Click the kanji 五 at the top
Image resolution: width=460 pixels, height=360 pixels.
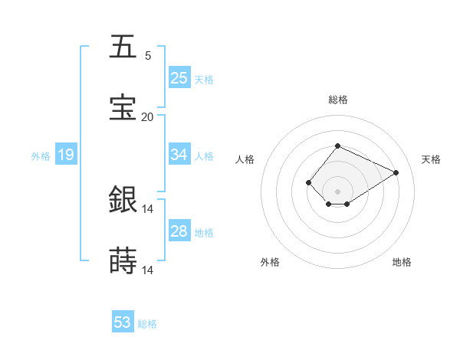tap(123, 47)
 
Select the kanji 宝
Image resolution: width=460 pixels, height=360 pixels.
tap(123, 108)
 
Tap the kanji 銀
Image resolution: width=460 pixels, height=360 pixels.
tap(123, 201)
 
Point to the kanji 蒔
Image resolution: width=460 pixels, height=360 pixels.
tap(123, 262)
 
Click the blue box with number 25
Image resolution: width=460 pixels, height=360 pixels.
tap(179, 77)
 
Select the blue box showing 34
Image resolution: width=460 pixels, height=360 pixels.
tap(179, 155)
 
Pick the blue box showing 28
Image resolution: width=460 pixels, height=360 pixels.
tap(179, 231)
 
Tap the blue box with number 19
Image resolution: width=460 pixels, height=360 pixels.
tap(65, 155)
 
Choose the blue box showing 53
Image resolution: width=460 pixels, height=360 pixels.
tap(123, 322)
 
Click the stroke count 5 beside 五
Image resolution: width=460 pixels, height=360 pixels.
tap(148, 55)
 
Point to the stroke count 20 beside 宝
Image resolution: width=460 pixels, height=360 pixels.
tap(147, 116)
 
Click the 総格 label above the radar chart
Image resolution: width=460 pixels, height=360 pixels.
tap(337, 100)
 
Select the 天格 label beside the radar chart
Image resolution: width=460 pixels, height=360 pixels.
tap(431, 159)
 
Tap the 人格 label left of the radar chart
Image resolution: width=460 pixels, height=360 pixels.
tap(245, 159)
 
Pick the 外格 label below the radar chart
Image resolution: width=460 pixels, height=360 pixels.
tap(270, 262)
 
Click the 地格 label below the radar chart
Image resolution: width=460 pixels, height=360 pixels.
tap(402, 262)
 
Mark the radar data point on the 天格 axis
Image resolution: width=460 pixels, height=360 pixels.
tap(396, 172)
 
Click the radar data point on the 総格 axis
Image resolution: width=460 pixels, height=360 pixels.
tap(337, 146)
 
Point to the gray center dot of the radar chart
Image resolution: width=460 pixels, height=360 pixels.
tap(337, 191)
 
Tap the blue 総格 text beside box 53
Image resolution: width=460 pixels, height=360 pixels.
tap(147, 324)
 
